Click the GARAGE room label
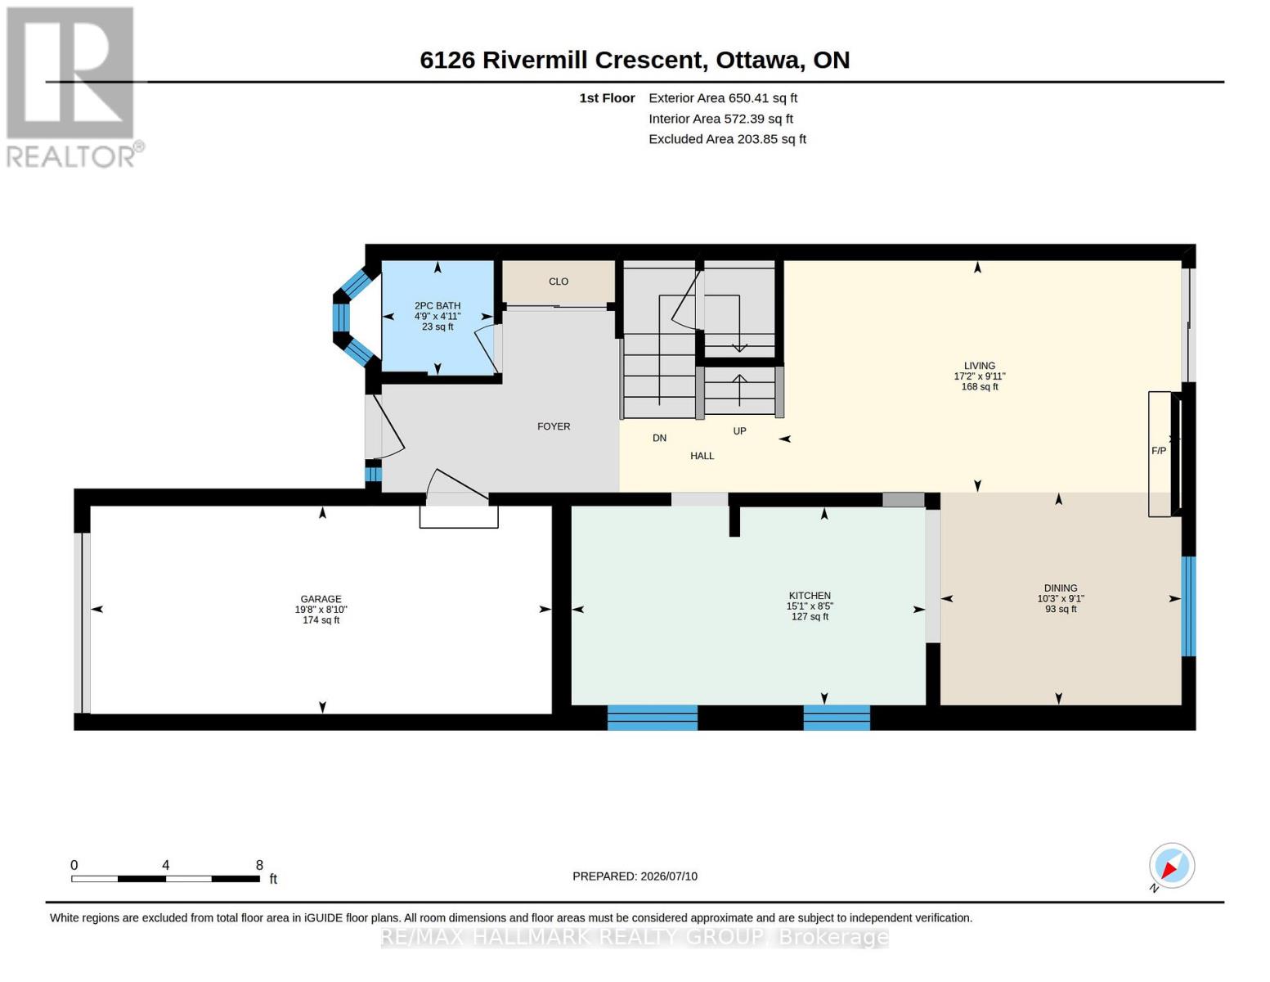(x=321, y=599)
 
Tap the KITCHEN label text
(x=810, y=596)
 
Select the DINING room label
(x=1061, y=588)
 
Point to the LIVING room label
(x=980, y=366)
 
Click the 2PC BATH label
(x=438, y=305)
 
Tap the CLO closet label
(x=559, y=282)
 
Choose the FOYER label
(x=554, y=426)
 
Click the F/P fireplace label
(x=1158, y=450)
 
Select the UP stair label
(x=739, y=431)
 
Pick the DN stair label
(x=659, y=438)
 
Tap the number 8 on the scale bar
(x=259, y=865)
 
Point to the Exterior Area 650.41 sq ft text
(x=723, y=97)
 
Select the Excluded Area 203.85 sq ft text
(x=728, y=138)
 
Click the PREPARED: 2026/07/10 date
(x=635, y=876)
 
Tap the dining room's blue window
(x=1188, y=606)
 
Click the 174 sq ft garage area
(x=321, y=620)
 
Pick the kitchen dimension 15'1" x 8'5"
(x=810, y=606)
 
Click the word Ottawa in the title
(x=758, y=60)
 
